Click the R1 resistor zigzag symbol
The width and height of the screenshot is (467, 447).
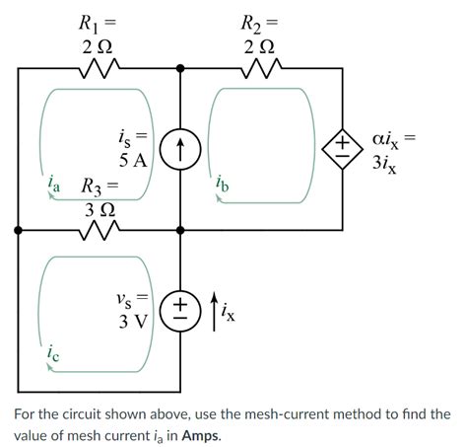click(98, 68)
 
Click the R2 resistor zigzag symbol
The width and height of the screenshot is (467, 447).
click(261, 68)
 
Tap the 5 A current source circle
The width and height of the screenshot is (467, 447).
click(180, 148)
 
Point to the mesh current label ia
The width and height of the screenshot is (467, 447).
click(54, 185)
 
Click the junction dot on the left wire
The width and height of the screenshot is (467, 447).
click(18, 229)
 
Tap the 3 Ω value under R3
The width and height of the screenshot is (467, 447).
click(98, 208)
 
